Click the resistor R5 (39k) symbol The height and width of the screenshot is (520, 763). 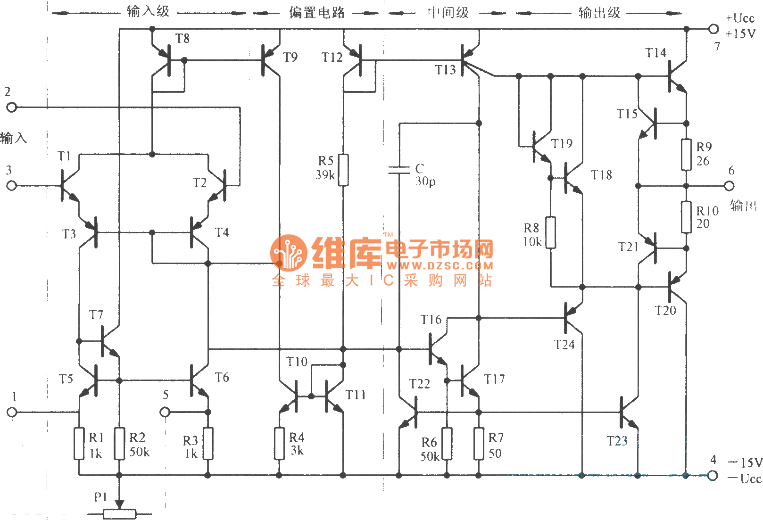[x=343, y=170]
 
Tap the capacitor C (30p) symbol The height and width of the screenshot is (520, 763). [x=399, y=170]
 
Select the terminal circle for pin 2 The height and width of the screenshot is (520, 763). [x=12, y=107]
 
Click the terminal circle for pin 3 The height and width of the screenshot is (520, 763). [x=12, y=186]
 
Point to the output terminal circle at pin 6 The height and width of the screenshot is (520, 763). [x=729, y=186]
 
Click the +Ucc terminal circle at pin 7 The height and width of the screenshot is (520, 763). [x=713, y=29]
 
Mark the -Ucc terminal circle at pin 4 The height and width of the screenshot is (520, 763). [x=713, y=476]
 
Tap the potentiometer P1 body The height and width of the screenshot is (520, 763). [x=119, y=514]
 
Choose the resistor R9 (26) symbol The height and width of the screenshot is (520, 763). [x=686, y=155]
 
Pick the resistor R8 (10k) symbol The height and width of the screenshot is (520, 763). [x=550, y=232]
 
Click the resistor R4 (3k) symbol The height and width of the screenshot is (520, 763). [x=279, y=443]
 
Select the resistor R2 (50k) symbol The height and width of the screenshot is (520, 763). [x=119, y=443]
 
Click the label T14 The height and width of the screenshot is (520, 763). [x=655, y=53]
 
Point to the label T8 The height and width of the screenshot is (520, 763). [x=182, y=39]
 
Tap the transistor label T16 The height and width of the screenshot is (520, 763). [x=431, y=320]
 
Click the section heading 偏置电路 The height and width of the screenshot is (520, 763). [x=317, y=13]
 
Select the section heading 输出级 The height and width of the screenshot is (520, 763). [x=599, y=13]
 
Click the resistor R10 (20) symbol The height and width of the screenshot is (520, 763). [x=686, y=217]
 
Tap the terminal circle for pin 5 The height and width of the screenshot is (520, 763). [x=165, y=413]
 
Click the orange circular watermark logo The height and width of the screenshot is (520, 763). [x=289, y=253]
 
